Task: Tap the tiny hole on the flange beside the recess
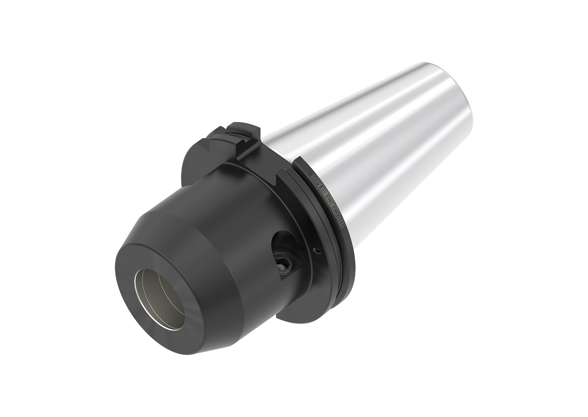pyautogui.click(x=317, y=251)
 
